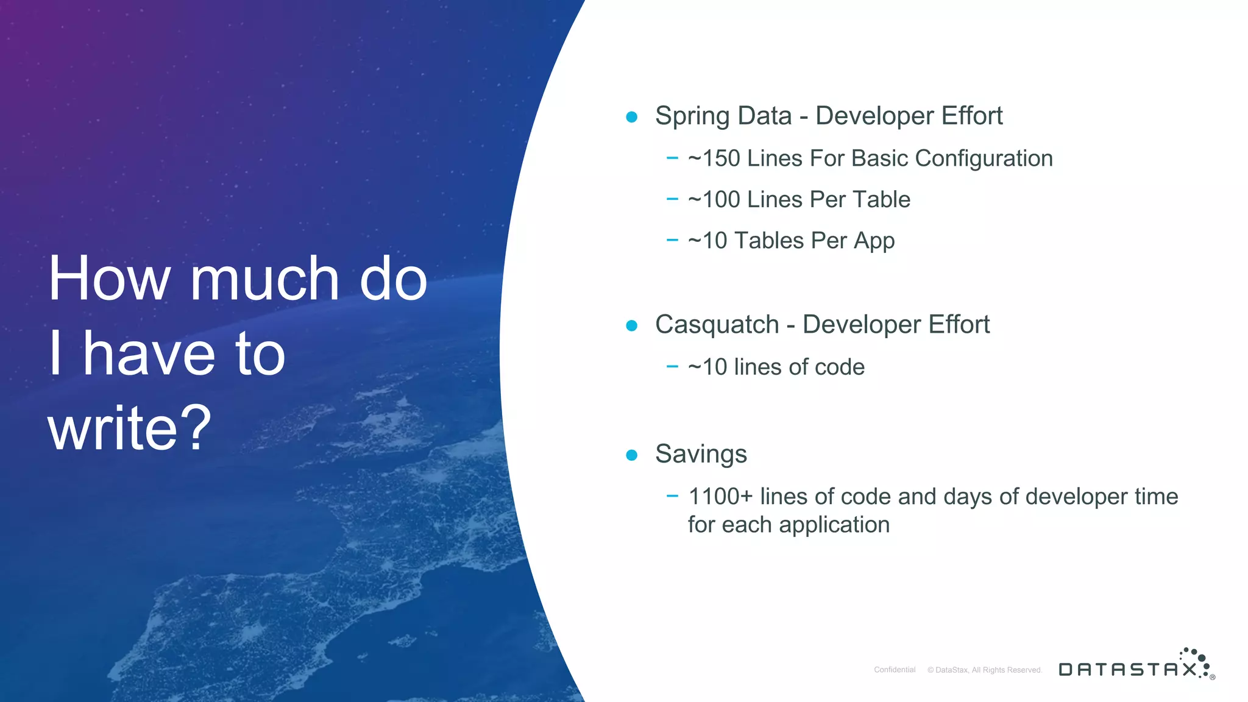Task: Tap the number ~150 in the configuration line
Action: [714, 158]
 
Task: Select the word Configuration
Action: [984, 158]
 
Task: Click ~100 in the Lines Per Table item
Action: [714, 200]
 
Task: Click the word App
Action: [874, 241]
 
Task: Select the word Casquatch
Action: [717, 325]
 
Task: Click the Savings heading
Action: [701, 455]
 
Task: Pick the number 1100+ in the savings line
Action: [720, 497]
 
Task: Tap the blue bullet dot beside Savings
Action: [632, 455]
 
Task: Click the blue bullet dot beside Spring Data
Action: [632, 116]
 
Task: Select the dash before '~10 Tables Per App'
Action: [672, 241]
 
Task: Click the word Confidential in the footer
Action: [895, 670]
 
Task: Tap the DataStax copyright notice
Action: [985, 670]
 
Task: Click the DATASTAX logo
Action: [1136, 665]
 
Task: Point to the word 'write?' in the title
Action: [130, 428]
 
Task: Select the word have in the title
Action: [149, 353]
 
